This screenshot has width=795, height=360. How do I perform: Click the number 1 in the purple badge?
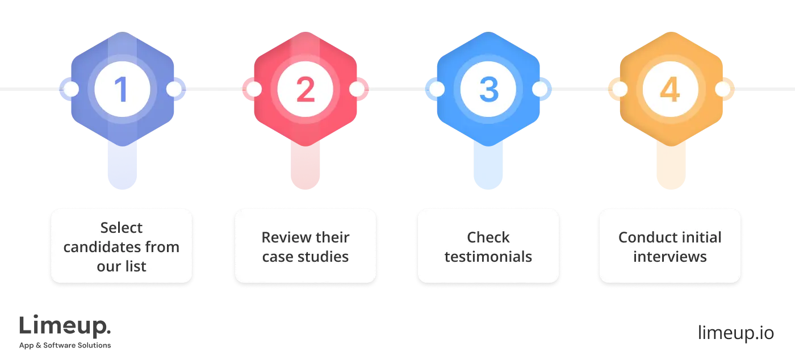click(122, 89)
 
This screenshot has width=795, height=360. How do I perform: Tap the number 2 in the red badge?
click(305, 89)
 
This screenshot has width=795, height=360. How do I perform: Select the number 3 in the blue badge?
click(488, 89)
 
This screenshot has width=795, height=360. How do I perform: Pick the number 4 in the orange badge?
click(671, 89)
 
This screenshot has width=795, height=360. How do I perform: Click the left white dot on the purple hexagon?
click(71, 89)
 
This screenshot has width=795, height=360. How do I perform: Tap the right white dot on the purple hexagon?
click(174, 89)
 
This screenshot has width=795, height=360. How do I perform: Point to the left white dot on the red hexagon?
click(254, 89)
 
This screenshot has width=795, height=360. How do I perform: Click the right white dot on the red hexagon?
click(357, 89)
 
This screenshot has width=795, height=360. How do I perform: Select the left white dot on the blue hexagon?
click(437, 89)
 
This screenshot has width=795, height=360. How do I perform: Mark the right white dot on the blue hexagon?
click(539, 89)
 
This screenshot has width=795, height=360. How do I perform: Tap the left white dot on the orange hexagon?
click(620, 89)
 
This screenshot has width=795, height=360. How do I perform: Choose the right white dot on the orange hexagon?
click(722, 89)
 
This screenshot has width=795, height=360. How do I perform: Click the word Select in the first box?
click(122, 228)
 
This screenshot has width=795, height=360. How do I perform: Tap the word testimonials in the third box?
click(488, 257)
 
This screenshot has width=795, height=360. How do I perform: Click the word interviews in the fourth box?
click(670, 257)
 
